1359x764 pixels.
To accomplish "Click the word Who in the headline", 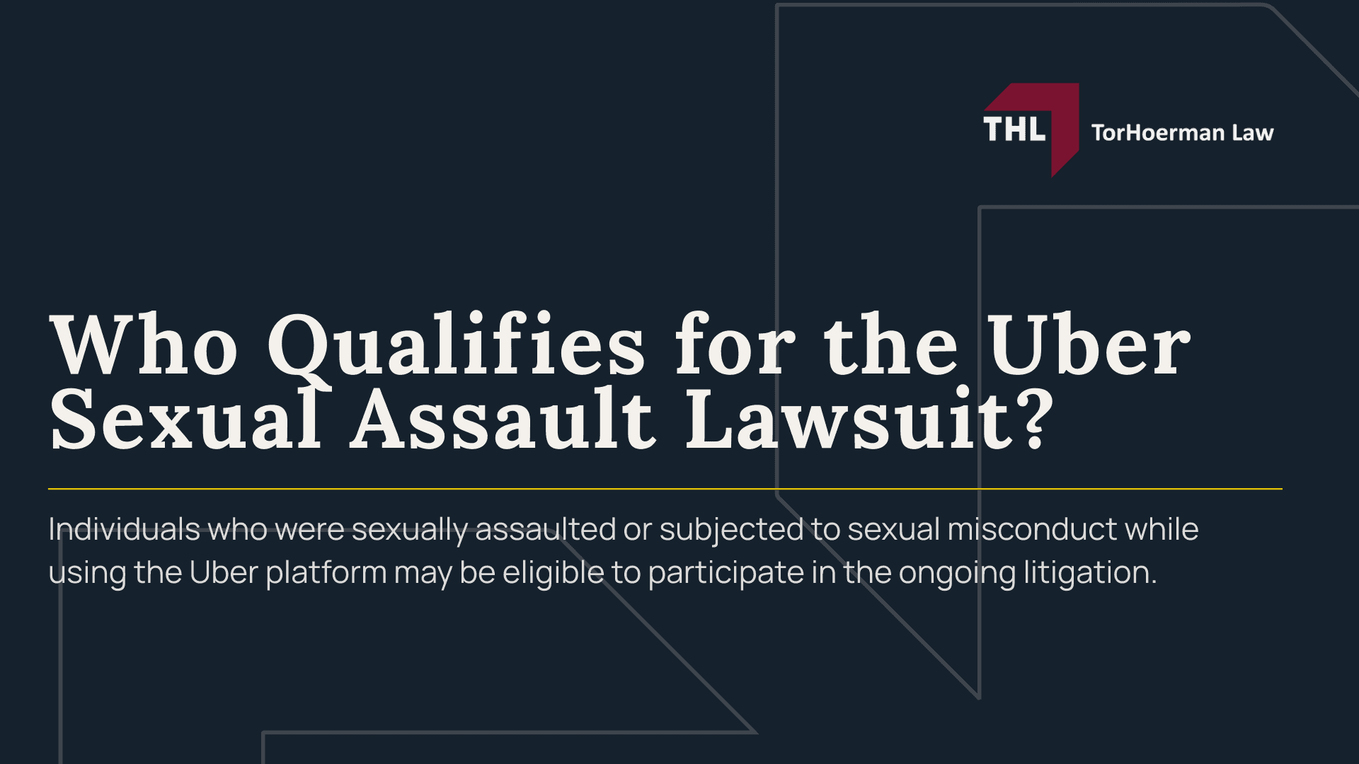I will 144,347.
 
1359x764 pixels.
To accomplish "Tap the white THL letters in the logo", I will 1014,130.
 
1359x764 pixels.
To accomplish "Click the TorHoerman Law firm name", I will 1182,133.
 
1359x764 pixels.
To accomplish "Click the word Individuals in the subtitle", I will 124,529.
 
